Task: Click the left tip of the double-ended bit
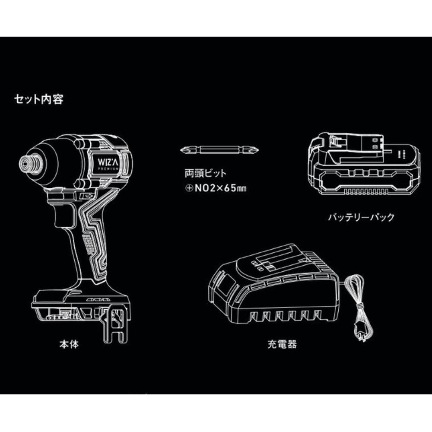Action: point(181,150)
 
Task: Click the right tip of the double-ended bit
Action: point(259,150)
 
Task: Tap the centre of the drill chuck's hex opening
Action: point(25,164)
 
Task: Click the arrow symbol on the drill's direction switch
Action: point(88,196)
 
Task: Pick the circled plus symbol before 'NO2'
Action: point(189,189)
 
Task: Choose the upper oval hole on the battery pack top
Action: point(375,140)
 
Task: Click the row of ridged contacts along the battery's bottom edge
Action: point(366,191)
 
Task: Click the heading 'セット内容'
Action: point(38,99)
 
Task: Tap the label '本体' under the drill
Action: point(69,344)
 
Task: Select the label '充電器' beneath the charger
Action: point(282,344)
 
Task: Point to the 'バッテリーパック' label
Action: point(361,217)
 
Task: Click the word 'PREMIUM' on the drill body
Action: point(108,168)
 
